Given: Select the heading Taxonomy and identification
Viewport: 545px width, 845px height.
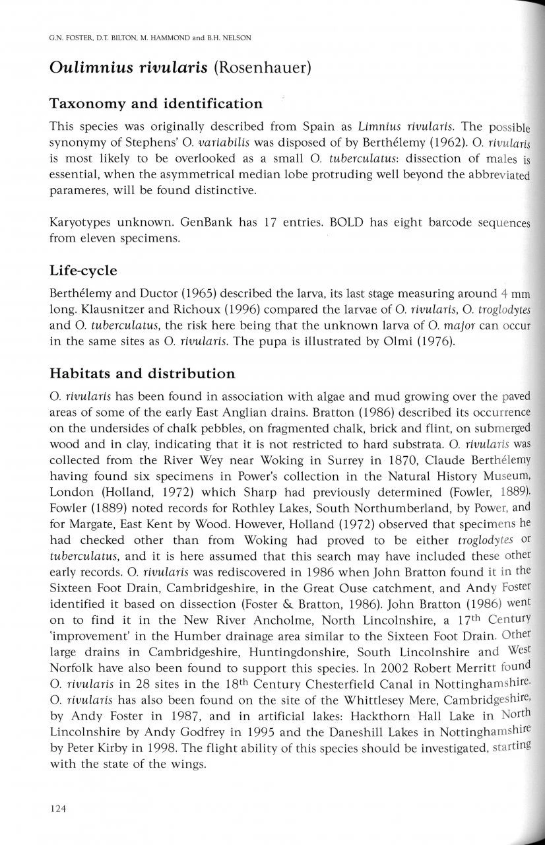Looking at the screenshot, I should [x=156, y=104].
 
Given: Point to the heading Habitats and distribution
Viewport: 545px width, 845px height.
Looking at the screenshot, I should [x=143, y=374].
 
